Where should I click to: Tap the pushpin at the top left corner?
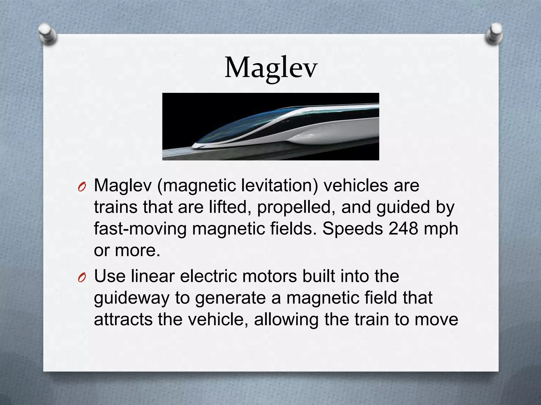(x=47, y=34)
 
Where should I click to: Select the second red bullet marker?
(x=82, y=278)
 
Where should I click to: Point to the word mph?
(x=441, y=229)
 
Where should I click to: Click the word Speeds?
(x=353, y=228)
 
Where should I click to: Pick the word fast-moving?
(x=140, y=228)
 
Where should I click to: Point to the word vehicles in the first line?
(x=356, y=185)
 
